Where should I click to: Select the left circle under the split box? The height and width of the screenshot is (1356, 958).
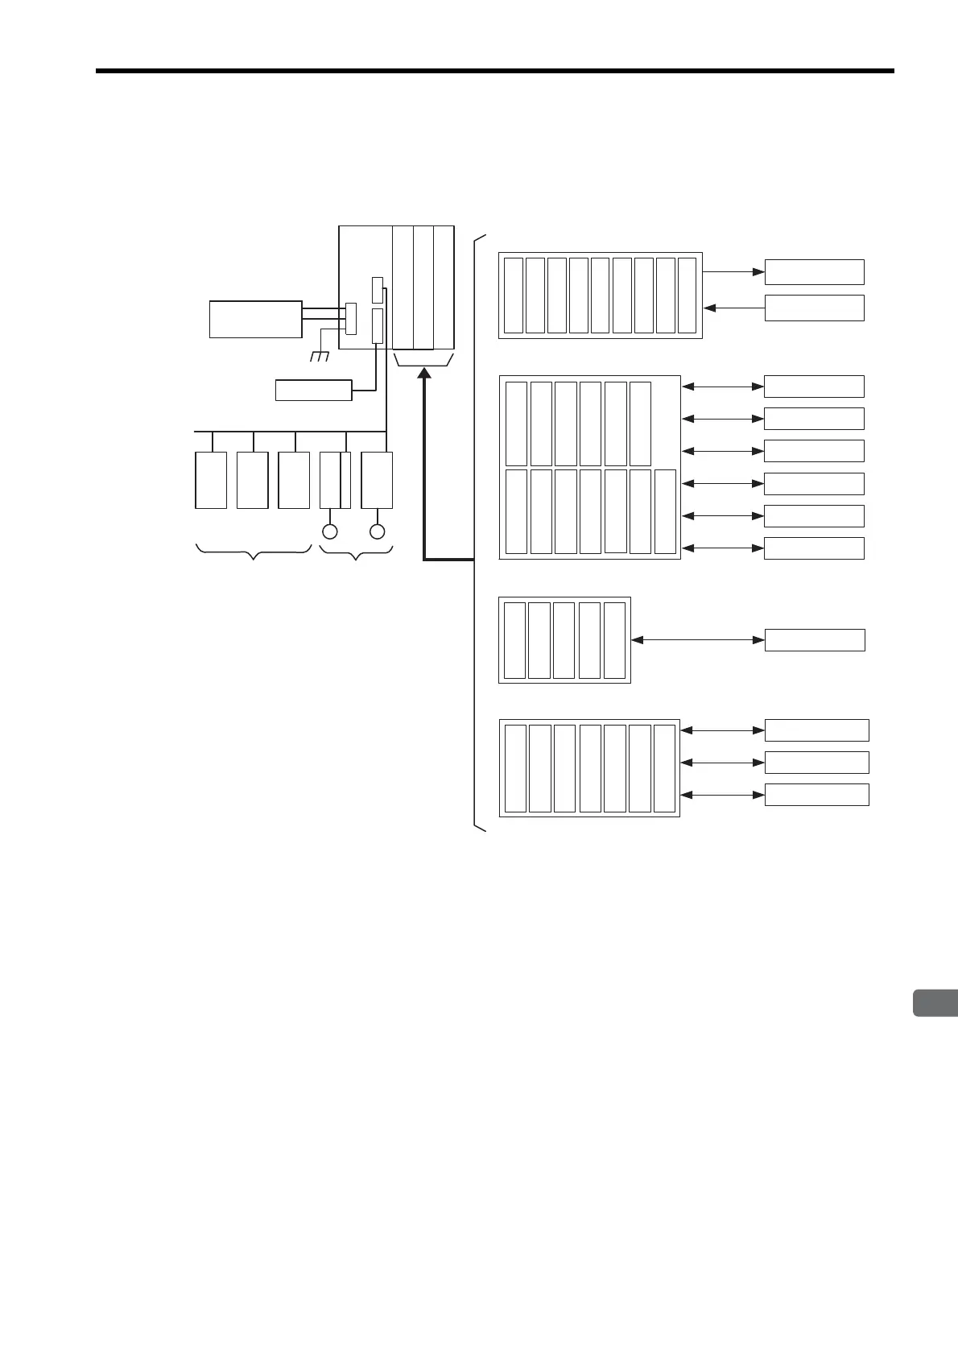point(329,531)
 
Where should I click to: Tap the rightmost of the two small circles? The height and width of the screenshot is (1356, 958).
point(377,531)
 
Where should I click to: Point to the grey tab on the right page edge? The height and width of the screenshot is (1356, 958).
point(936,1003)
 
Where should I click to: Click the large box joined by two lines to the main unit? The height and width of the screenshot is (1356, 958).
point(255,319)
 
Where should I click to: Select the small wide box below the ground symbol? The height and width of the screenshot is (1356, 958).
point(313,390)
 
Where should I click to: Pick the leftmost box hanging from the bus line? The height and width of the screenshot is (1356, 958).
point(211,480)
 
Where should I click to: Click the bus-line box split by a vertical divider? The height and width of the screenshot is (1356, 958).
point(335,480)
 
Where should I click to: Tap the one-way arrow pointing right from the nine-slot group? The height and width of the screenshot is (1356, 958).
point(733,272)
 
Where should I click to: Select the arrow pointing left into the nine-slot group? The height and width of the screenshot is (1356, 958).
point(733,308)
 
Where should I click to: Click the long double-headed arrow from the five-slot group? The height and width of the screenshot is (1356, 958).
point(697,640)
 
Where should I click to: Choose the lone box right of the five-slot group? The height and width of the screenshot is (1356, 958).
point(814,640)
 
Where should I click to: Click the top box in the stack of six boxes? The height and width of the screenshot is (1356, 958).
point(813,387)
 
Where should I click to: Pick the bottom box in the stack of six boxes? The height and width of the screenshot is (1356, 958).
point(813,548)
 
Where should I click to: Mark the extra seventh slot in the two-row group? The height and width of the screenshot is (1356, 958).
point(665,512)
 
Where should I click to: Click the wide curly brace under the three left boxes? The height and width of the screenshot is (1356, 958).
point(254,552)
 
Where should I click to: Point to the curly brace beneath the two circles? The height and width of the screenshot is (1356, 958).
point(356,552)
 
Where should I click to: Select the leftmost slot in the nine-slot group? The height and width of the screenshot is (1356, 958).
point(513,295)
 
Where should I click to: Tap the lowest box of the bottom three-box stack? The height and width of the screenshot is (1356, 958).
point(816,795)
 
